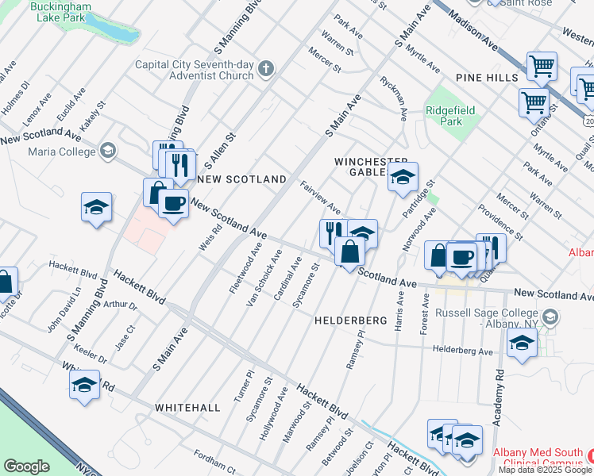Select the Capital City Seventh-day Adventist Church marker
coord(266,69)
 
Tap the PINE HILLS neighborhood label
coord(487,77)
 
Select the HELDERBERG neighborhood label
coord(350,321)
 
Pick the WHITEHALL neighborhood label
coord(187,407)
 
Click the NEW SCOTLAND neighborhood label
coord(241,179)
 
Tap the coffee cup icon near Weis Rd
coord(172,203)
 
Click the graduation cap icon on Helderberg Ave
coord(521,344)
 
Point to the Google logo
coord(26,466)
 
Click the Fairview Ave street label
coord(321,198)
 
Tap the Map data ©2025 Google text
coord(545,470)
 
